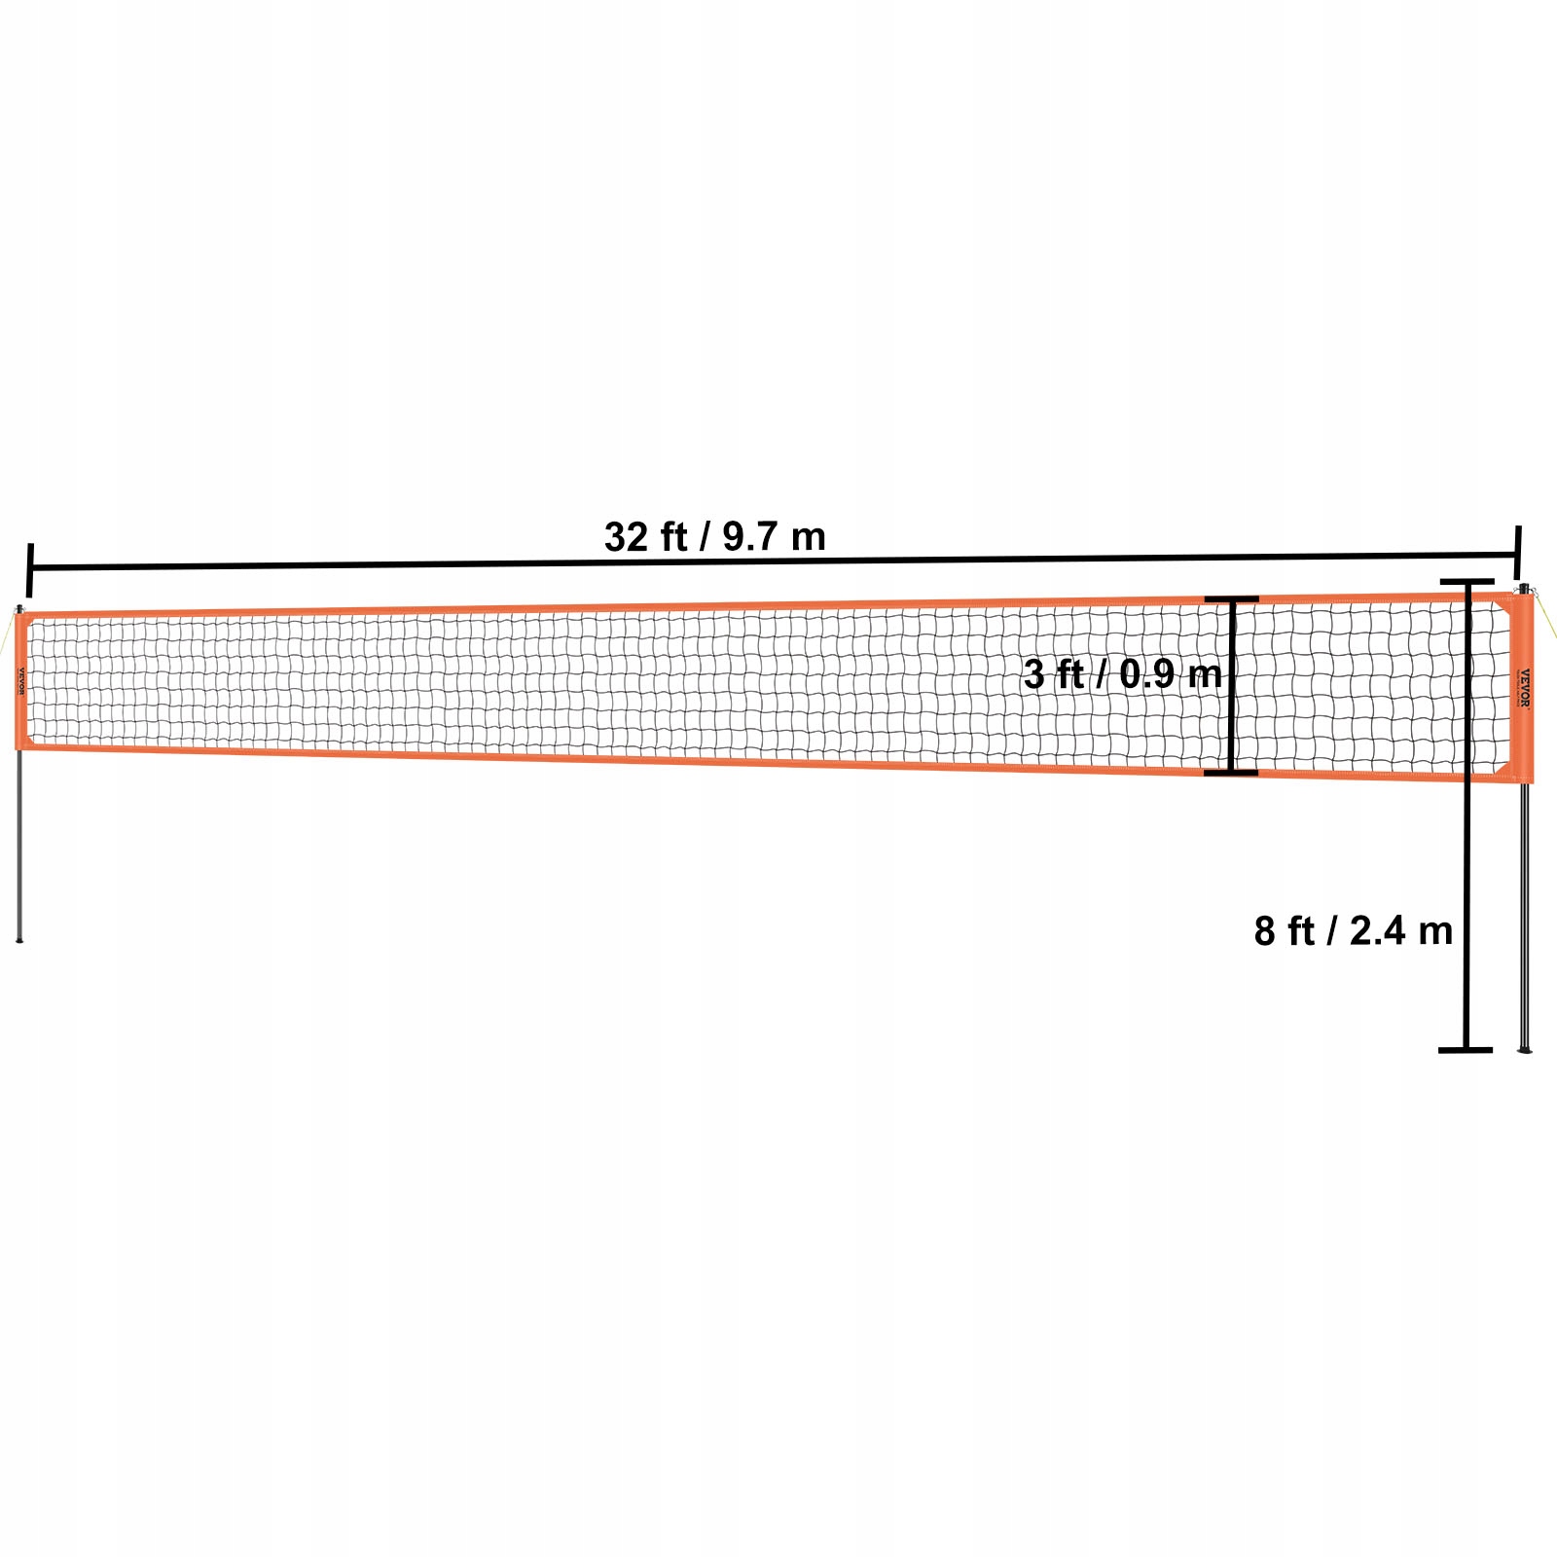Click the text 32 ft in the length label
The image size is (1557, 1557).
coord(645,537)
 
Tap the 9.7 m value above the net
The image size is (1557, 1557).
coord(774,537)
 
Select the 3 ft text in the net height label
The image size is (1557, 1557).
coord(1054,674)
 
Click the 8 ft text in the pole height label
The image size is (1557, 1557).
coord(1284,931)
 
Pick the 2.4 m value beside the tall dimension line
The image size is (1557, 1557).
coord(1400,931)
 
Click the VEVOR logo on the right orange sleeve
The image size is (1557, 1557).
coord(1525,688)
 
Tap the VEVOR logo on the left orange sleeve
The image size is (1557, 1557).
coord(20,680)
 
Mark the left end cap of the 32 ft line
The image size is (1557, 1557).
coord(30,570)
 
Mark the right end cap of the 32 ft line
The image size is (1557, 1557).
coord(1517,553)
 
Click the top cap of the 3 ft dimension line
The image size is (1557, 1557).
coord(1231,599)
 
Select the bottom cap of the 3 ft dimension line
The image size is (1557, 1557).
coord(1231,773)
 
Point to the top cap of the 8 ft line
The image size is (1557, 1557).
coord(1466,582)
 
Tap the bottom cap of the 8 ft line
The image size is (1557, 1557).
coord(1466,1050)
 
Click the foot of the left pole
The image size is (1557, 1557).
coord(18,939)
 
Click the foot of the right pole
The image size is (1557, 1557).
coord(1525,1048)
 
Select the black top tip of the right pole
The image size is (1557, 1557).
coord(1523,588)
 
